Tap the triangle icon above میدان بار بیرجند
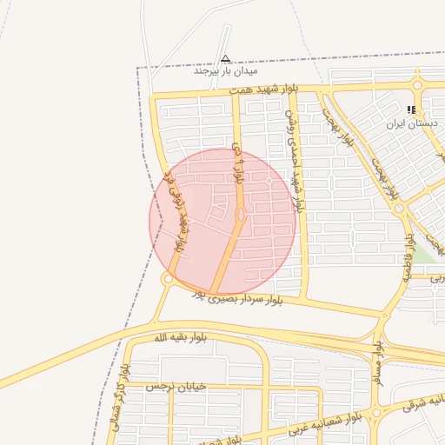point(225,59)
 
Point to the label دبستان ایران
point(413,123)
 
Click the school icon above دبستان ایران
point(411,110)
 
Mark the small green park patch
point(422,254)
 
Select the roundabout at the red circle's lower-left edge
point(166,278)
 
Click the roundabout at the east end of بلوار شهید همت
point(418,85)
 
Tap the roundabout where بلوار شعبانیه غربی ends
point(377,413)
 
